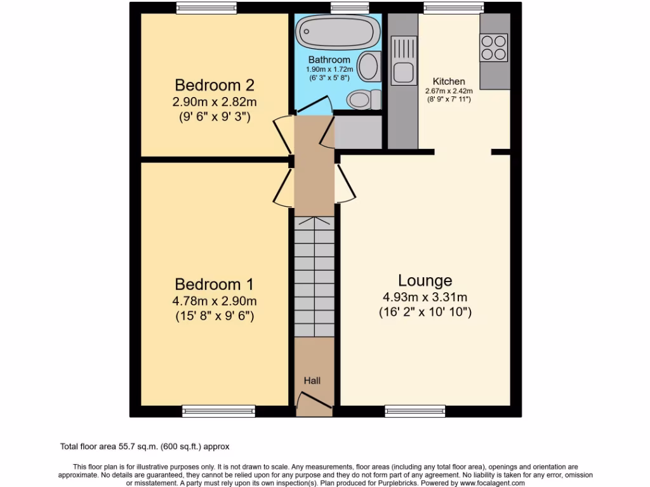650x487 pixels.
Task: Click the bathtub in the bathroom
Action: (x=338, y=32)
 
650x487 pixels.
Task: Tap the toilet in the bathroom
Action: (x=364, y=100)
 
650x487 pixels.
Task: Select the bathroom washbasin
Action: (x=369, y=66)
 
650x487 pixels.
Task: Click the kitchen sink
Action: (x=403, y=60)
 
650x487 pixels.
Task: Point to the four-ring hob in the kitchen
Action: (x=494, y=48)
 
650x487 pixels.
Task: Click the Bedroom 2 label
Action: (x=215, y=85)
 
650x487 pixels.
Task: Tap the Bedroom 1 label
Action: (x=215, y=285)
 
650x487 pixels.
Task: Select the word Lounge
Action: (x=425, y=281)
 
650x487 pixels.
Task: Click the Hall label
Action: (x=312, y=380)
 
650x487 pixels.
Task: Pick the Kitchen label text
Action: (x=449, y=81)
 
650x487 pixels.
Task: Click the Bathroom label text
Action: (x=329, y=60)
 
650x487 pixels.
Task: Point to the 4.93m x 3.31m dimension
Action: (x=425, y=297)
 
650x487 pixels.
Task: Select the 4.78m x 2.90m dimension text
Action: (x=215, y=301)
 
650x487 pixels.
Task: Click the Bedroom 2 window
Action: (x=206, y=8)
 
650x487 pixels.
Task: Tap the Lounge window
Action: (x=415, y=411)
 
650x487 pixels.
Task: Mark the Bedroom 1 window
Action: (x=218, y=411)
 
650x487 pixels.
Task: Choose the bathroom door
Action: (x=314, y=105)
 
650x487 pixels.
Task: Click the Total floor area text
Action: (x=145, y=446)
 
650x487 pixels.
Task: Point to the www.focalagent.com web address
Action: (x=492, y=483)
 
